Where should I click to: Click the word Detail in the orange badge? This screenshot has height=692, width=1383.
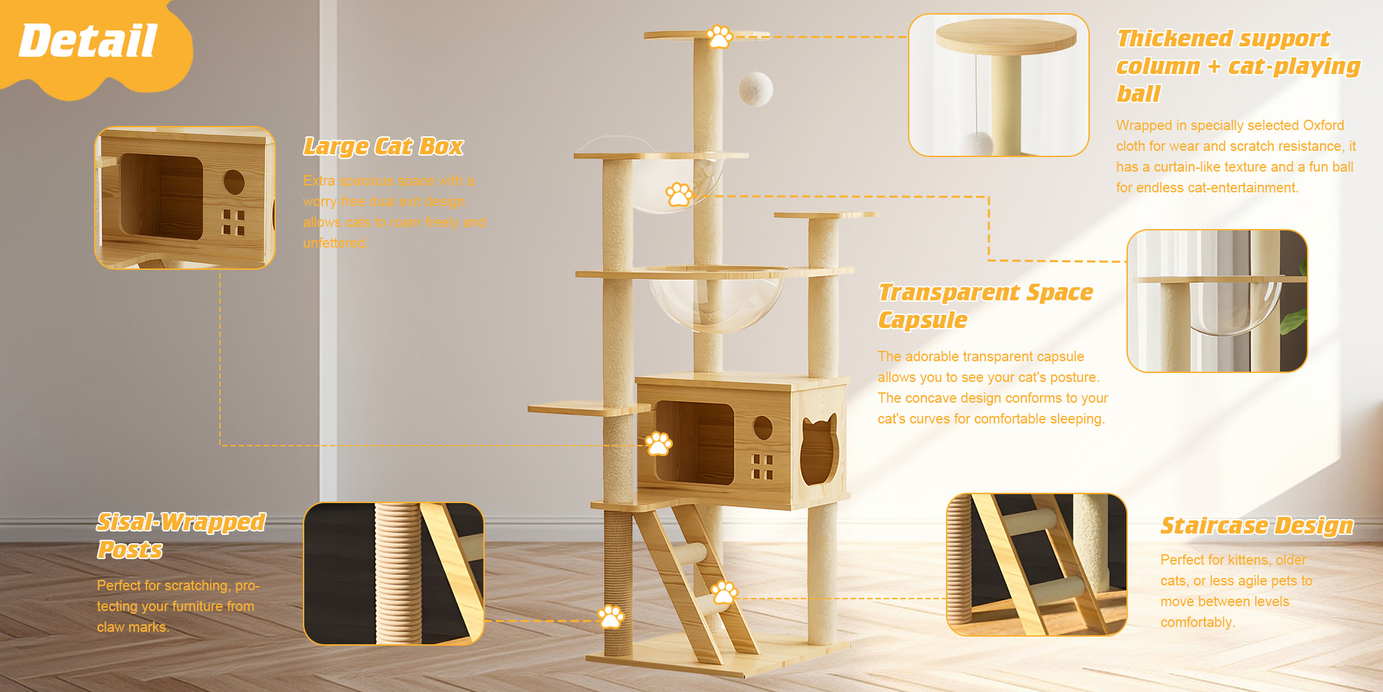click(88, 41)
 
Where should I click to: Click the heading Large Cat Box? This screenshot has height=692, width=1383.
click(383, 147)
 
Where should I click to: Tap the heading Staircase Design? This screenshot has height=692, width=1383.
click(1256, 526)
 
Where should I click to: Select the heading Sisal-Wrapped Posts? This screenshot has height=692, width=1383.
click(180, 536)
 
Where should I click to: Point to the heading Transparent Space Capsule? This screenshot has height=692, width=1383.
click(985, 306)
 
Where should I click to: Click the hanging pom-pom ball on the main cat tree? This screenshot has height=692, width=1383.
click(755, 89)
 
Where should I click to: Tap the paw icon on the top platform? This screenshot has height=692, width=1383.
click(720, 37)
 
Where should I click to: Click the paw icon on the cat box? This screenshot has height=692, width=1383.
click(658, 443)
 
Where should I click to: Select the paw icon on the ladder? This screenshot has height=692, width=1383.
click(724, 592)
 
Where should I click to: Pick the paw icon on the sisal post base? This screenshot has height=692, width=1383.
click(611, 616)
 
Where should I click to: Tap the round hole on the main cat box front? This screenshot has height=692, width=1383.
click(763, 428)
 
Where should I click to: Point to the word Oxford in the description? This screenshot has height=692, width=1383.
click(1324, 125)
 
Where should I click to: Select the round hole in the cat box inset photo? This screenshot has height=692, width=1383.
click(234, 182)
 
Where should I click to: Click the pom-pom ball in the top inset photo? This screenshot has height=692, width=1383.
click(976, 144)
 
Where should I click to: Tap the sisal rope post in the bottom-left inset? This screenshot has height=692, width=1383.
click(398, 574)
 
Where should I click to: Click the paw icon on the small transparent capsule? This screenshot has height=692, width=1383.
click(679, 194)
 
